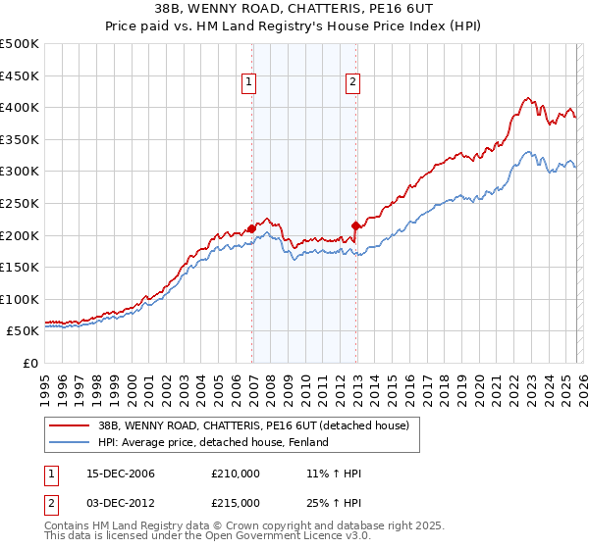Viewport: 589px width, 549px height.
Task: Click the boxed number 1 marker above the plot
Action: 250,83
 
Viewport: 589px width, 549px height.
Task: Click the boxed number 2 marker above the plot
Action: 351,83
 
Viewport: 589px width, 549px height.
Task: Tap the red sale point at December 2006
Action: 252,228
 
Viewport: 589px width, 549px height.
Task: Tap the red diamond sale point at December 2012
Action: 355,225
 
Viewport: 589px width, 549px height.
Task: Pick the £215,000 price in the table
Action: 236,503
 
